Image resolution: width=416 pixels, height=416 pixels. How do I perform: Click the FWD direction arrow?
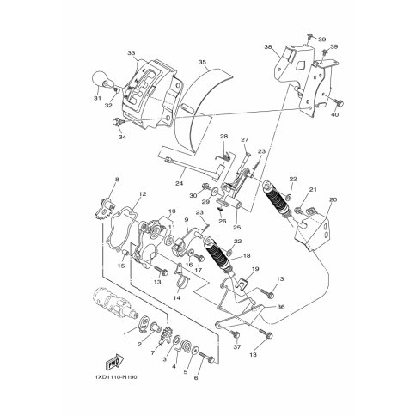(x=115, y=362)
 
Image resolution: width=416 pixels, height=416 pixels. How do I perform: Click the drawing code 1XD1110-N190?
(x=116, y=377)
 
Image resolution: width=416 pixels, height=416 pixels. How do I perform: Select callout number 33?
(x=132, y=53)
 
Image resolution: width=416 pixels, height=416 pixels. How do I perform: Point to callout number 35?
(x=202, y=62)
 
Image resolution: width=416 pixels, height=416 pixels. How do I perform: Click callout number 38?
(x=268, y=46)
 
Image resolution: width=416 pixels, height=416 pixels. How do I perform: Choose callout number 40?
(x=334, y=114)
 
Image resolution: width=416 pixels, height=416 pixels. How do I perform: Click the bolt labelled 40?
(x=338, y=102)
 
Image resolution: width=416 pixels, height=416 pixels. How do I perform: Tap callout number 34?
(x=122, y=137)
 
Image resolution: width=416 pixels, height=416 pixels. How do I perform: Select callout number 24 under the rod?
(x=180, y=183)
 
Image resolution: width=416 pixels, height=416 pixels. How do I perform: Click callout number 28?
(x=223, y=137)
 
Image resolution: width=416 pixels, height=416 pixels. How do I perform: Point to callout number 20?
(x=333, y=199)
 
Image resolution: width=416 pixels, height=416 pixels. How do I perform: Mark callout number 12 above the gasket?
(x=143, y=194)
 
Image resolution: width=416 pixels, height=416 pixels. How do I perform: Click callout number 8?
(x=117, y=180)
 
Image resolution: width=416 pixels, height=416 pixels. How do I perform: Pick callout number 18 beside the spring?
(x=246, y=255)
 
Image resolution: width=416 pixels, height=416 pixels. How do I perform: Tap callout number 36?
(x=281, y=307)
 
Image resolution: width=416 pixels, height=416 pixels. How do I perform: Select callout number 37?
(x=237, y=347)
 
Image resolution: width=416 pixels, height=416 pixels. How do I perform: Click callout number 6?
(x=196, y=378)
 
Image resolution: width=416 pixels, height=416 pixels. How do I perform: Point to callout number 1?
(x=125, y=335)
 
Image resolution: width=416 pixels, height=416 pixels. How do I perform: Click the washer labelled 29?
(x=215, y=191)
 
